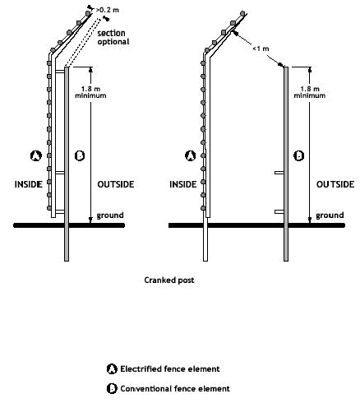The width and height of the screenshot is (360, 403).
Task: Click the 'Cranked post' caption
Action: coord(169,280)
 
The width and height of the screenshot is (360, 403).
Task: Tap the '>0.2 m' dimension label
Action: coord(108,10)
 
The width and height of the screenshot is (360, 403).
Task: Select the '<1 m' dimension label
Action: coord(261,49)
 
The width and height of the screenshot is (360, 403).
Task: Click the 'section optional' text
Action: coord(113,37)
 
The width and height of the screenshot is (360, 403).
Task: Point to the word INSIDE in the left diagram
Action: coord(29,184)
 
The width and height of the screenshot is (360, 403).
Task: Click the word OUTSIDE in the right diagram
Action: coord(335,184)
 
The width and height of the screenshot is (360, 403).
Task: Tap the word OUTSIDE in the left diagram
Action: coord(116,184)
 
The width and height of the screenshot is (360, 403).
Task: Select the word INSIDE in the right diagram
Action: coord(183,184)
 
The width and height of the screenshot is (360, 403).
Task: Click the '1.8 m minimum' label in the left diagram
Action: coord(90,92)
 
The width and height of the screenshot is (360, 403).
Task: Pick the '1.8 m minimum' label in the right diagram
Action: coord(310,92)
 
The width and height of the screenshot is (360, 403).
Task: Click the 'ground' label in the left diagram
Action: coord(110,215)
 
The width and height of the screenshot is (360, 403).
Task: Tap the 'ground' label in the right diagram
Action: coord(330,215)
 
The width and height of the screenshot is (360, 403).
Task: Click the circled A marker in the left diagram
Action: coord(36,155)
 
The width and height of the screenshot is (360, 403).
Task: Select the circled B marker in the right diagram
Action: coord(298,155)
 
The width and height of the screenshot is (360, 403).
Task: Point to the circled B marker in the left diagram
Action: coord(80,155)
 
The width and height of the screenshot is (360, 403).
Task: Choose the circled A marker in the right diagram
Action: coord(191,155)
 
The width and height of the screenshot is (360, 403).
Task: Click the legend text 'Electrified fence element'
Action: coord(170,369)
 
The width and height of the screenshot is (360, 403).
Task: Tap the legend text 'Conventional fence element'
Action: coord(175,389)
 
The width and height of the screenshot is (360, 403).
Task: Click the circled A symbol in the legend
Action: coord(112,369)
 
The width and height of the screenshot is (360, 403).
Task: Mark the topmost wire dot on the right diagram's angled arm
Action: coord(242,13)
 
